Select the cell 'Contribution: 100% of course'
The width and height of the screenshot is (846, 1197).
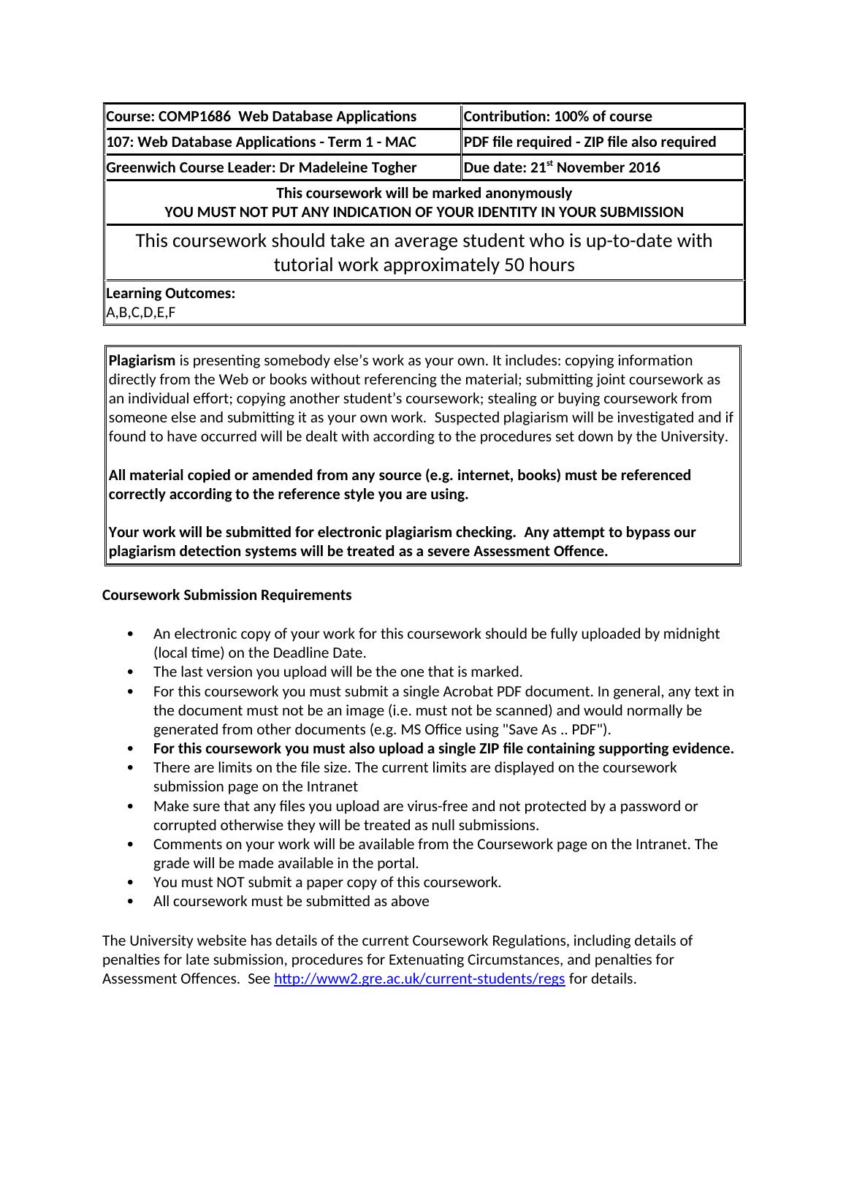pos(557,116)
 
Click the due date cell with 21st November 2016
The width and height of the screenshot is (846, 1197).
pos(562,167)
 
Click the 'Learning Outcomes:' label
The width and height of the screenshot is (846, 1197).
pos(171,293)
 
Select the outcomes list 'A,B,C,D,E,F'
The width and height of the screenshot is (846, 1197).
pos(141,313)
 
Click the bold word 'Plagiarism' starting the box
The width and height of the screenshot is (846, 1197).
pos(142,360)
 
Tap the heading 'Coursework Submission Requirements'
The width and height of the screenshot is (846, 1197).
pos(226,595)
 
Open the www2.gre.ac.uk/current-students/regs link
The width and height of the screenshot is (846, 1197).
pos(419,978)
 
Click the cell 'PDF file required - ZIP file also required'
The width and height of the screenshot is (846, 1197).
pos(590,142)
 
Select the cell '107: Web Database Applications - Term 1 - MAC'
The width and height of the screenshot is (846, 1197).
pos(261,142)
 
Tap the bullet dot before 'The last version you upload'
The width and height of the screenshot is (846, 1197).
pos(131,672)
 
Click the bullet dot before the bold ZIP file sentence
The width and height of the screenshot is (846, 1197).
pos(131,748)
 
